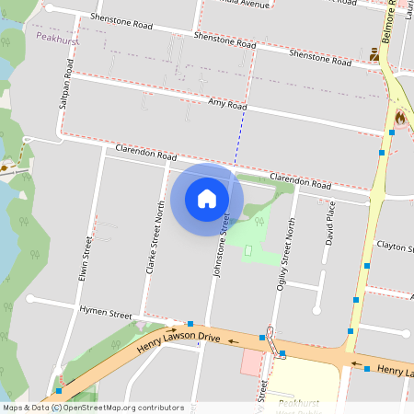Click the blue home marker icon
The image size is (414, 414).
207,199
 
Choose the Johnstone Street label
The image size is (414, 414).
224,242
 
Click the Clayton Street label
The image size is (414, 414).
397,247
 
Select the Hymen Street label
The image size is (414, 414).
106,314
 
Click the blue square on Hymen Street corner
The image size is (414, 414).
190,323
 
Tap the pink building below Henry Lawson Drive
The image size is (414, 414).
250,362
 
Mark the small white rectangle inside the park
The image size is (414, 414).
247,250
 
